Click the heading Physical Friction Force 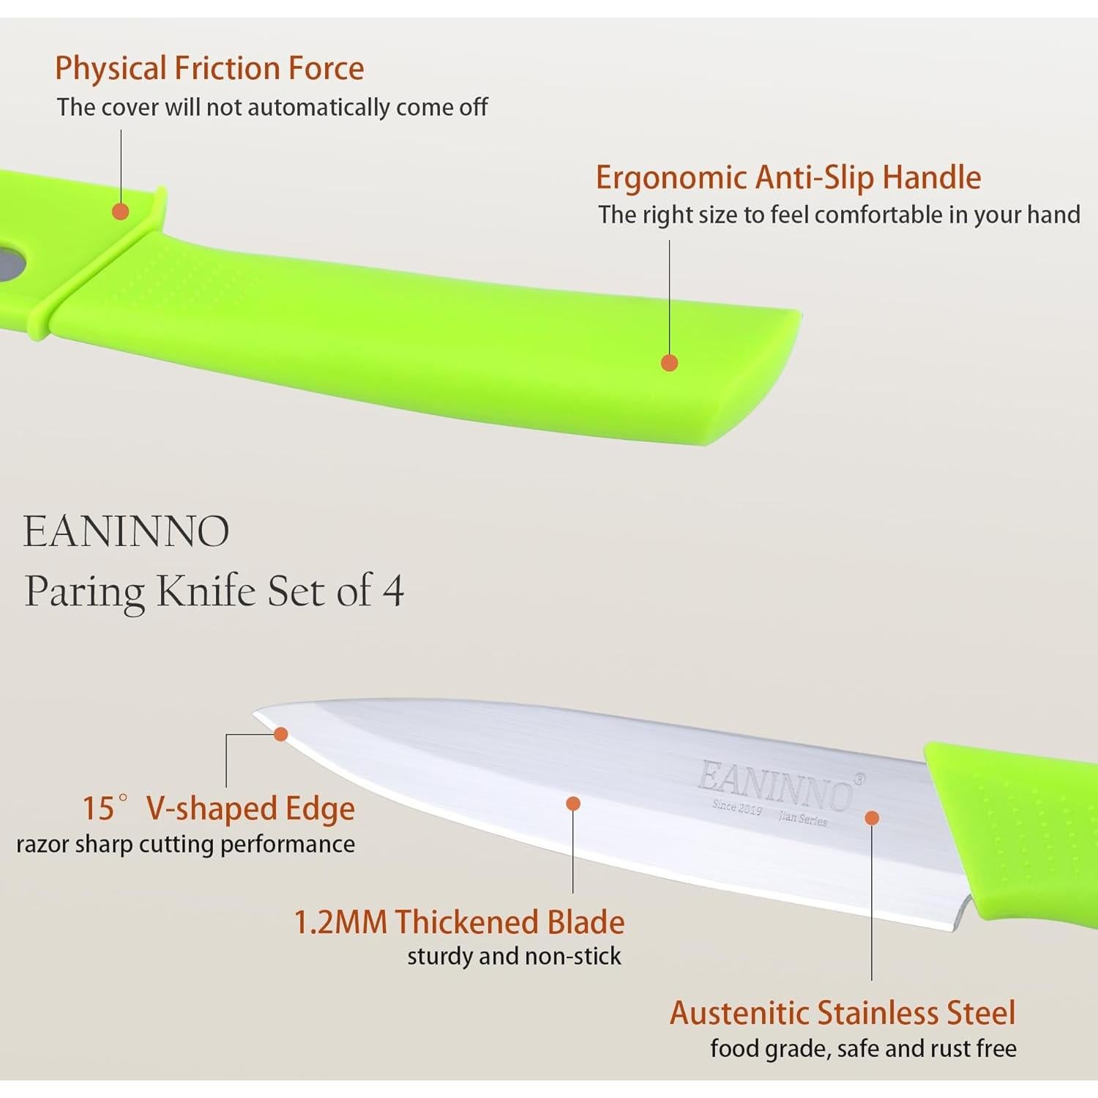click(209, 69)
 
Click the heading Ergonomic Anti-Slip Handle click(788, 178)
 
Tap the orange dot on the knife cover click(121, 212)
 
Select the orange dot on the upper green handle click(669, 362)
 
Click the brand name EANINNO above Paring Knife click(127, 531)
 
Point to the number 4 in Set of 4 click(394, 591)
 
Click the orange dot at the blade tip click(280, 734)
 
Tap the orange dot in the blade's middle click(573, 804)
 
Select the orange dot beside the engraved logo click(872, 818)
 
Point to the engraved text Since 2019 click(736, 808)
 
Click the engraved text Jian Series click(802, 818)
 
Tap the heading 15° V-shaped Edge click(218, 809)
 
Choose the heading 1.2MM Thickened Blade click(459, 922)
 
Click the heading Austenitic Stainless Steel click(843, 1013)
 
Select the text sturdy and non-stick click(514, 957)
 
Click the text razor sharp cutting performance click(186, 844)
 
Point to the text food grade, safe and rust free click(863, 1048)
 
